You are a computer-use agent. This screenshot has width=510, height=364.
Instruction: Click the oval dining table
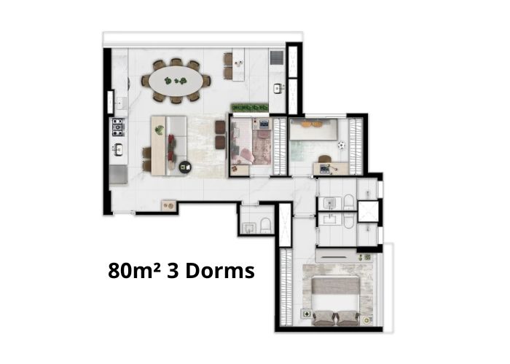tap(176, 81)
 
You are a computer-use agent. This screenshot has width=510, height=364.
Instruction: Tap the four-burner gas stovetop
tap(118, 127)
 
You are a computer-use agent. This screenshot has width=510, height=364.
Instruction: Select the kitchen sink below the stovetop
tap(118, 149)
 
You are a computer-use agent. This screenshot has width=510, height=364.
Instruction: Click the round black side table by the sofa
tap(185, 167)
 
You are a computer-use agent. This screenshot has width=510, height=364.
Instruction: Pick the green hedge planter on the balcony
tap(249, 108)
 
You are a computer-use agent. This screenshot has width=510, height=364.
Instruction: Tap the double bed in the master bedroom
tap(336, 297)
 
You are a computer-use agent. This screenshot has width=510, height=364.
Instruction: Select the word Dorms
tap(220, 270)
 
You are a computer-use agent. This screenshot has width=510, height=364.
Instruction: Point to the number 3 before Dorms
tap(173, 271)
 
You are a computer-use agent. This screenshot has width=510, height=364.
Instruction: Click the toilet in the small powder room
tap(266, 226)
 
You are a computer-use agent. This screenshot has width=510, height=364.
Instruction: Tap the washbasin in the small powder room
tap(249, 227)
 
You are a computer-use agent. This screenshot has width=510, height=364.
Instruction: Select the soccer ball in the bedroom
tap(341, 146)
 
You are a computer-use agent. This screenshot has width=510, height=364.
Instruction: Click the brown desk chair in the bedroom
tap(324, 159)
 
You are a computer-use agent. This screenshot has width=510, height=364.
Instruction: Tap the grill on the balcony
tap(277, 58)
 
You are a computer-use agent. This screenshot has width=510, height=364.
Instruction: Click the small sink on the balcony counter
tap(278, 88)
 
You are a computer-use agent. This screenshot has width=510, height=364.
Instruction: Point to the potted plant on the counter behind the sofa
tap(160, 130)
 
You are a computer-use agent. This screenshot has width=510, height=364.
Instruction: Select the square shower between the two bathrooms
tap(369, 212)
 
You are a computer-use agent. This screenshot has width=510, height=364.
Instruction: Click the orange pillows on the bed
tap(310, 124)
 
